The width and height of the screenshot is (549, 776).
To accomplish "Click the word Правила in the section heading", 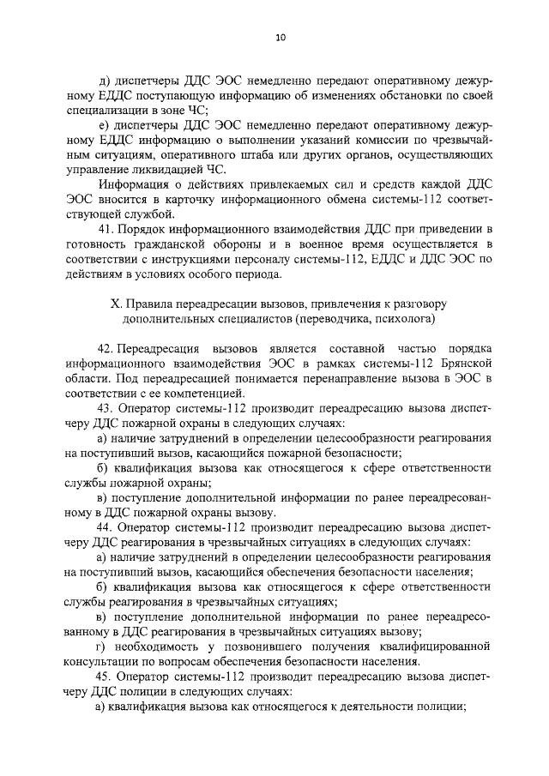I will pyautogui.click(x=148, y=304).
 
